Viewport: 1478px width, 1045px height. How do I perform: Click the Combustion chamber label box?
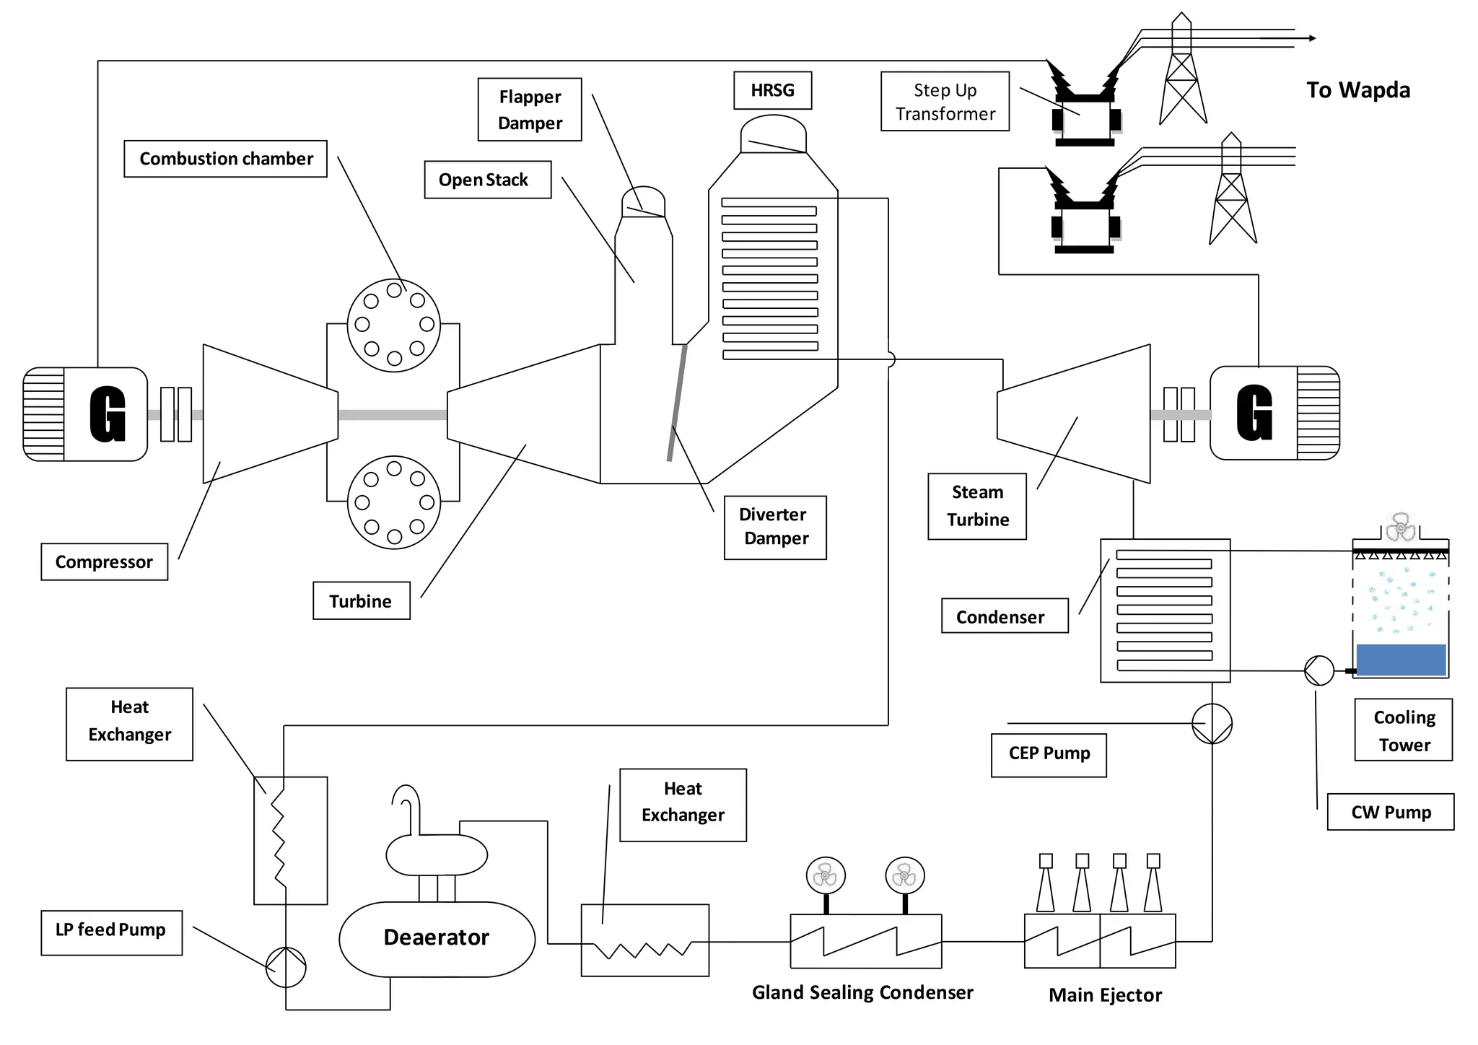coord(225,159)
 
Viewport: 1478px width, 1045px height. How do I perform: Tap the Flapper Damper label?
coord(530,110)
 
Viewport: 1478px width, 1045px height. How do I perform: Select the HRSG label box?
coord(772,90)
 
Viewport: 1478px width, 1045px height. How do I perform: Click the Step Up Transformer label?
coord(945,102)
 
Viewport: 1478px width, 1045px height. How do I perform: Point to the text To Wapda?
coord(1357,90)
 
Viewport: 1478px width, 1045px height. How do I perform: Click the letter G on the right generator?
coord(1254,413)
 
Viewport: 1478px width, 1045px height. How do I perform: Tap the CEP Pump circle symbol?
coord(1212,724)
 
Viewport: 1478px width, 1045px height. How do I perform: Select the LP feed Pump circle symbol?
coord(286,967)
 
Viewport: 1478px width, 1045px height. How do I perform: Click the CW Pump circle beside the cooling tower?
coord(1319,670)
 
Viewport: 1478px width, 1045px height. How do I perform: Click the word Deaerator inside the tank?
coord(436,937)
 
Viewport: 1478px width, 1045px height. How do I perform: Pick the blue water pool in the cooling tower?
coord(1401,660)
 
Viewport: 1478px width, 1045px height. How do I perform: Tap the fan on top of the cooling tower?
coord(1401,528)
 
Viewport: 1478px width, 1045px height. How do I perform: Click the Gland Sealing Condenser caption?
coord(862,993)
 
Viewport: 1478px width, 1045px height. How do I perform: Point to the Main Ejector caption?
coord(1105,995)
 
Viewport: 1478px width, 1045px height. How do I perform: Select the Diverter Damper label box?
coord(775,527)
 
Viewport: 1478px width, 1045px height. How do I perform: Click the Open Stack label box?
coord(487,180)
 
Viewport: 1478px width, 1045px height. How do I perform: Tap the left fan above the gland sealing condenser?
coord(826,876)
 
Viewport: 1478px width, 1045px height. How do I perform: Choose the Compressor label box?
coord(104,562)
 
